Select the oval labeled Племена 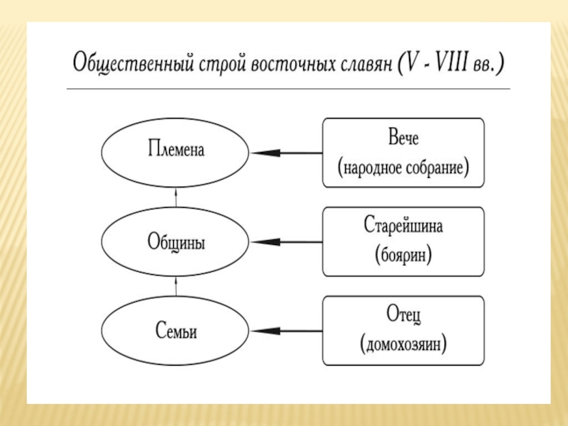(175, 152)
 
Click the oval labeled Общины (175, 242)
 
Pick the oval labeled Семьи (175, 331)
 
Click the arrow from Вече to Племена (286, 152)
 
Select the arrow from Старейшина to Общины (286, 242)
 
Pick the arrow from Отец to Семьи (286, 331)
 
